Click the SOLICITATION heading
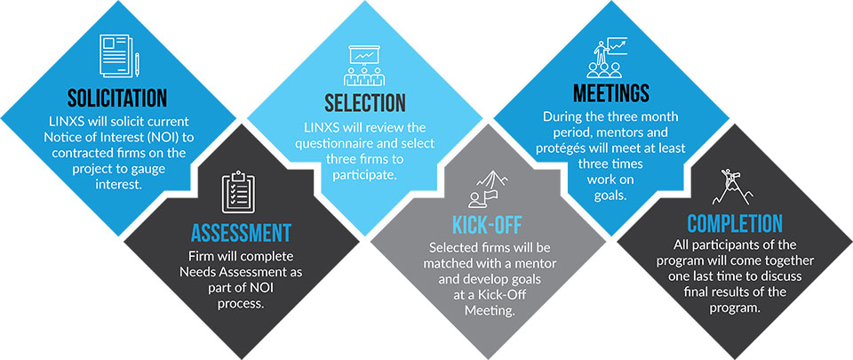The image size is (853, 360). [117, 98]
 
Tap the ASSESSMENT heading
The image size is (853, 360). [241, 233]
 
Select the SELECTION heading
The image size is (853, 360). [365, 103]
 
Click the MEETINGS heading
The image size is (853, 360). [611, 93]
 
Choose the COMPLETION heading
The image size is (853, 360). [735, 223]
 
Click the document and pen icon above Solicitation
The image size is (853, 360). [119, 56]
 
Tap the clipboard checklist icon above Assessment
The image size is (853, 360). [238, 193]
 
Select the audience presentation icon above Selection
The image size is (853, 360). [364, 65]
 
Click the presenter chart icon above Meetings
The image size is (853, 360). [607, 57]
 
